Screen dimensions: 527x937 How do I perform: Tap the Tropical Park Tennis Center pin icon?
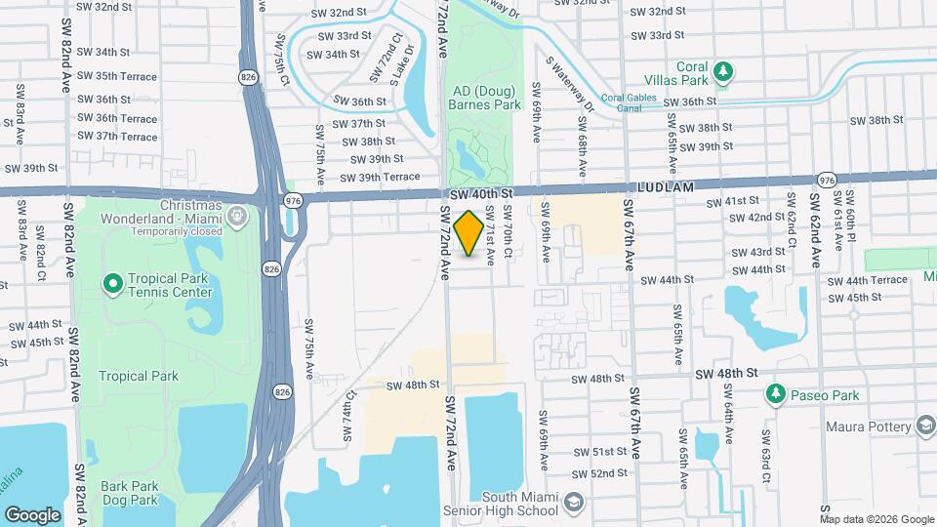click(x=112, y=284)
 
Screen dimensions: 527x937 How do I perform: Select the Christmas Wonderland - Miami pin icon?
click(x=237, y=213)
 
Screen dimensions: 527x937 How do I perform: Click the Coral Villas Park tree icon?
click(x=723, y=71)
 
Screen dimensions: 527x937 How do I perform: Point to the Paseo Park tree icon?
click(x=775, y=394)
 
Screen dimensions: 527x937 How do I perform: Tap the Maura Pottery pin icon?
click(x=924, y=426)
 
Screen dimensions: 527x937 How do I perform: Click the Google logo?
click(x=32, y=514)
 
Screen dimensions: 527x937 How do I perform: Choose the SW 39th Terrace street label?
click(x=380, y=177)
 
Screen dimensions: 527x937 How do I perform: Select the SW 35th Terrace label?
click(x=118, y=76)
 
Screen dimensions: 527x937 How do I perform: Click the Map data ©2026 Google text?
click(x=876, y=519)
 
